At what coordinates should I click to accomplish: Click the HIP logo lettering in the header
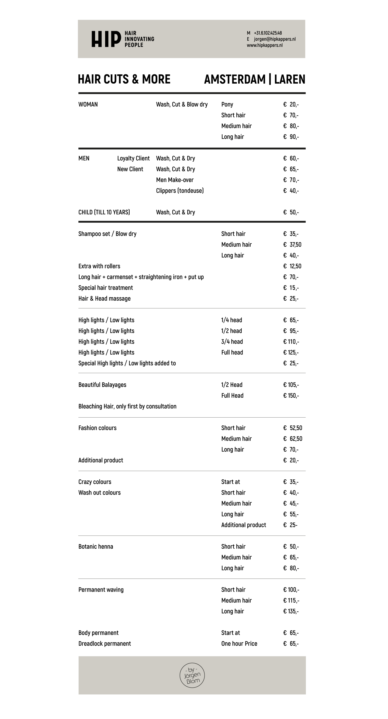[x=106, y=39]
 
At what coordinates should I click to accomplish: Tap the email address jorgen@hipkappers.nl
[x=275, y=39]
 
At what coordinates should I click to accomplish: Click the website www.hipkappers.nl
[x=264, y=45]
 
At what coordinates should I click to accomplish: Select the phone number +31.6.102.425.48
[x=268, y=33]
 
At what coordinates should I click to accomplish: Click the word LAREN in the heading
[x=290, y=79]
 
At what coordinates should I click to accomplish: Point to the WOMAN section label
[x=88, y=104]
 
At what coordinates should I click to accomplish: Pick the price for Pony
[x=291, y=104]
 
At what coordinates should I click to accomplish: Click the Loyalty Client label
[x=133, y=158]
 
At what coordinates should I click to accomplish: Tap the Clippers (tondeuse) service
[x=180, y=191]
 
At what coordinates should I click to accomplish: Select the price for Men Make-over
[x=291, y=180]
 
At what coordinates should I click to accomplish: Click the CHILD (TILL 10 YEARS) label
[x=104, y=212]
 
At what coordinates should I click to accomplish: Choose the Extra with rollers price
[x=292, y=266]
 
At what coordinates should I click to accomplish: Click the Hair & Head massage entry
[x=104, y=299]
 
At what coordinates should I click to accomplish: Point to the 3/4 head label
[x=232, y=342]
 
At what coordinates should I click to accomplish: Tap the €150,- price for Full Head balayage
[x=291, y=395]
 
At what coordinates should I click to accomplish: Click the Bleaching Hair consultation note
[x=127, y=406]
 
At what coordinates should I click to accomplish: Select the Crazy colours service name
[x=95, y=482]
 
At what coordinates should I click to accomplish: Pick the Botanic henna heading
[x=96, y=546]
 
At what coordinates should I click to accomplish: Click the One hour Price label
[x=239, y=643]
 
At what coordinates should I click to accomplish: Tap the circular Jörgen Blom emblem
[x=192, y=675]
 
